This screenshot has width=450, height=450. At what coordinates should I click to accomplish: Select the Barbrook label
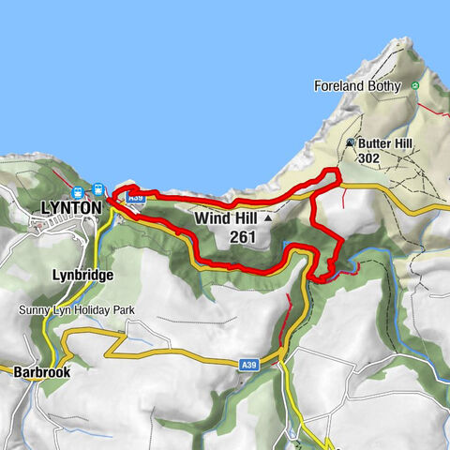coord(41,371)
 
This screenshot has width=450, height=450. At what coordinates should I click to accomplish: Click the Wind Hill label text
coord(226,217)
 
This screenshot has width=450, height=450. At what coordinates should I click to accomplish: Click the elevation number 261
coord(242,237)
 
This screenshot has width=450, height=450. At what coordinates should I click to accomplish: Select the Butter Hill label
coord(384,143)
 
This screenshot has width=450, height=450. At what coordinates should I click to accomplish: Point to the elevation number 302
coord(368,158)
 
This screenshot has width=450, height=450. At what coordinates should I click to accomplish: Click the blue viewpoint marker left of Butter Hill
coord(351,143)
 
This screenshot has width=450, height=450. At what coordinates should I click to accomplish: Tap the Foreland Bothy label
coord(357,86)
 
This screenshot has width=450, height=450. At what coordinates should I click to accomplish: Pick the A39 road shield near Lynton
coord(135,198)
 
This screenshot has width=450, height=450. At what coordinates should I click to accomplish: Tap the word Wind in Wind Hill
coord(212,217)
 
